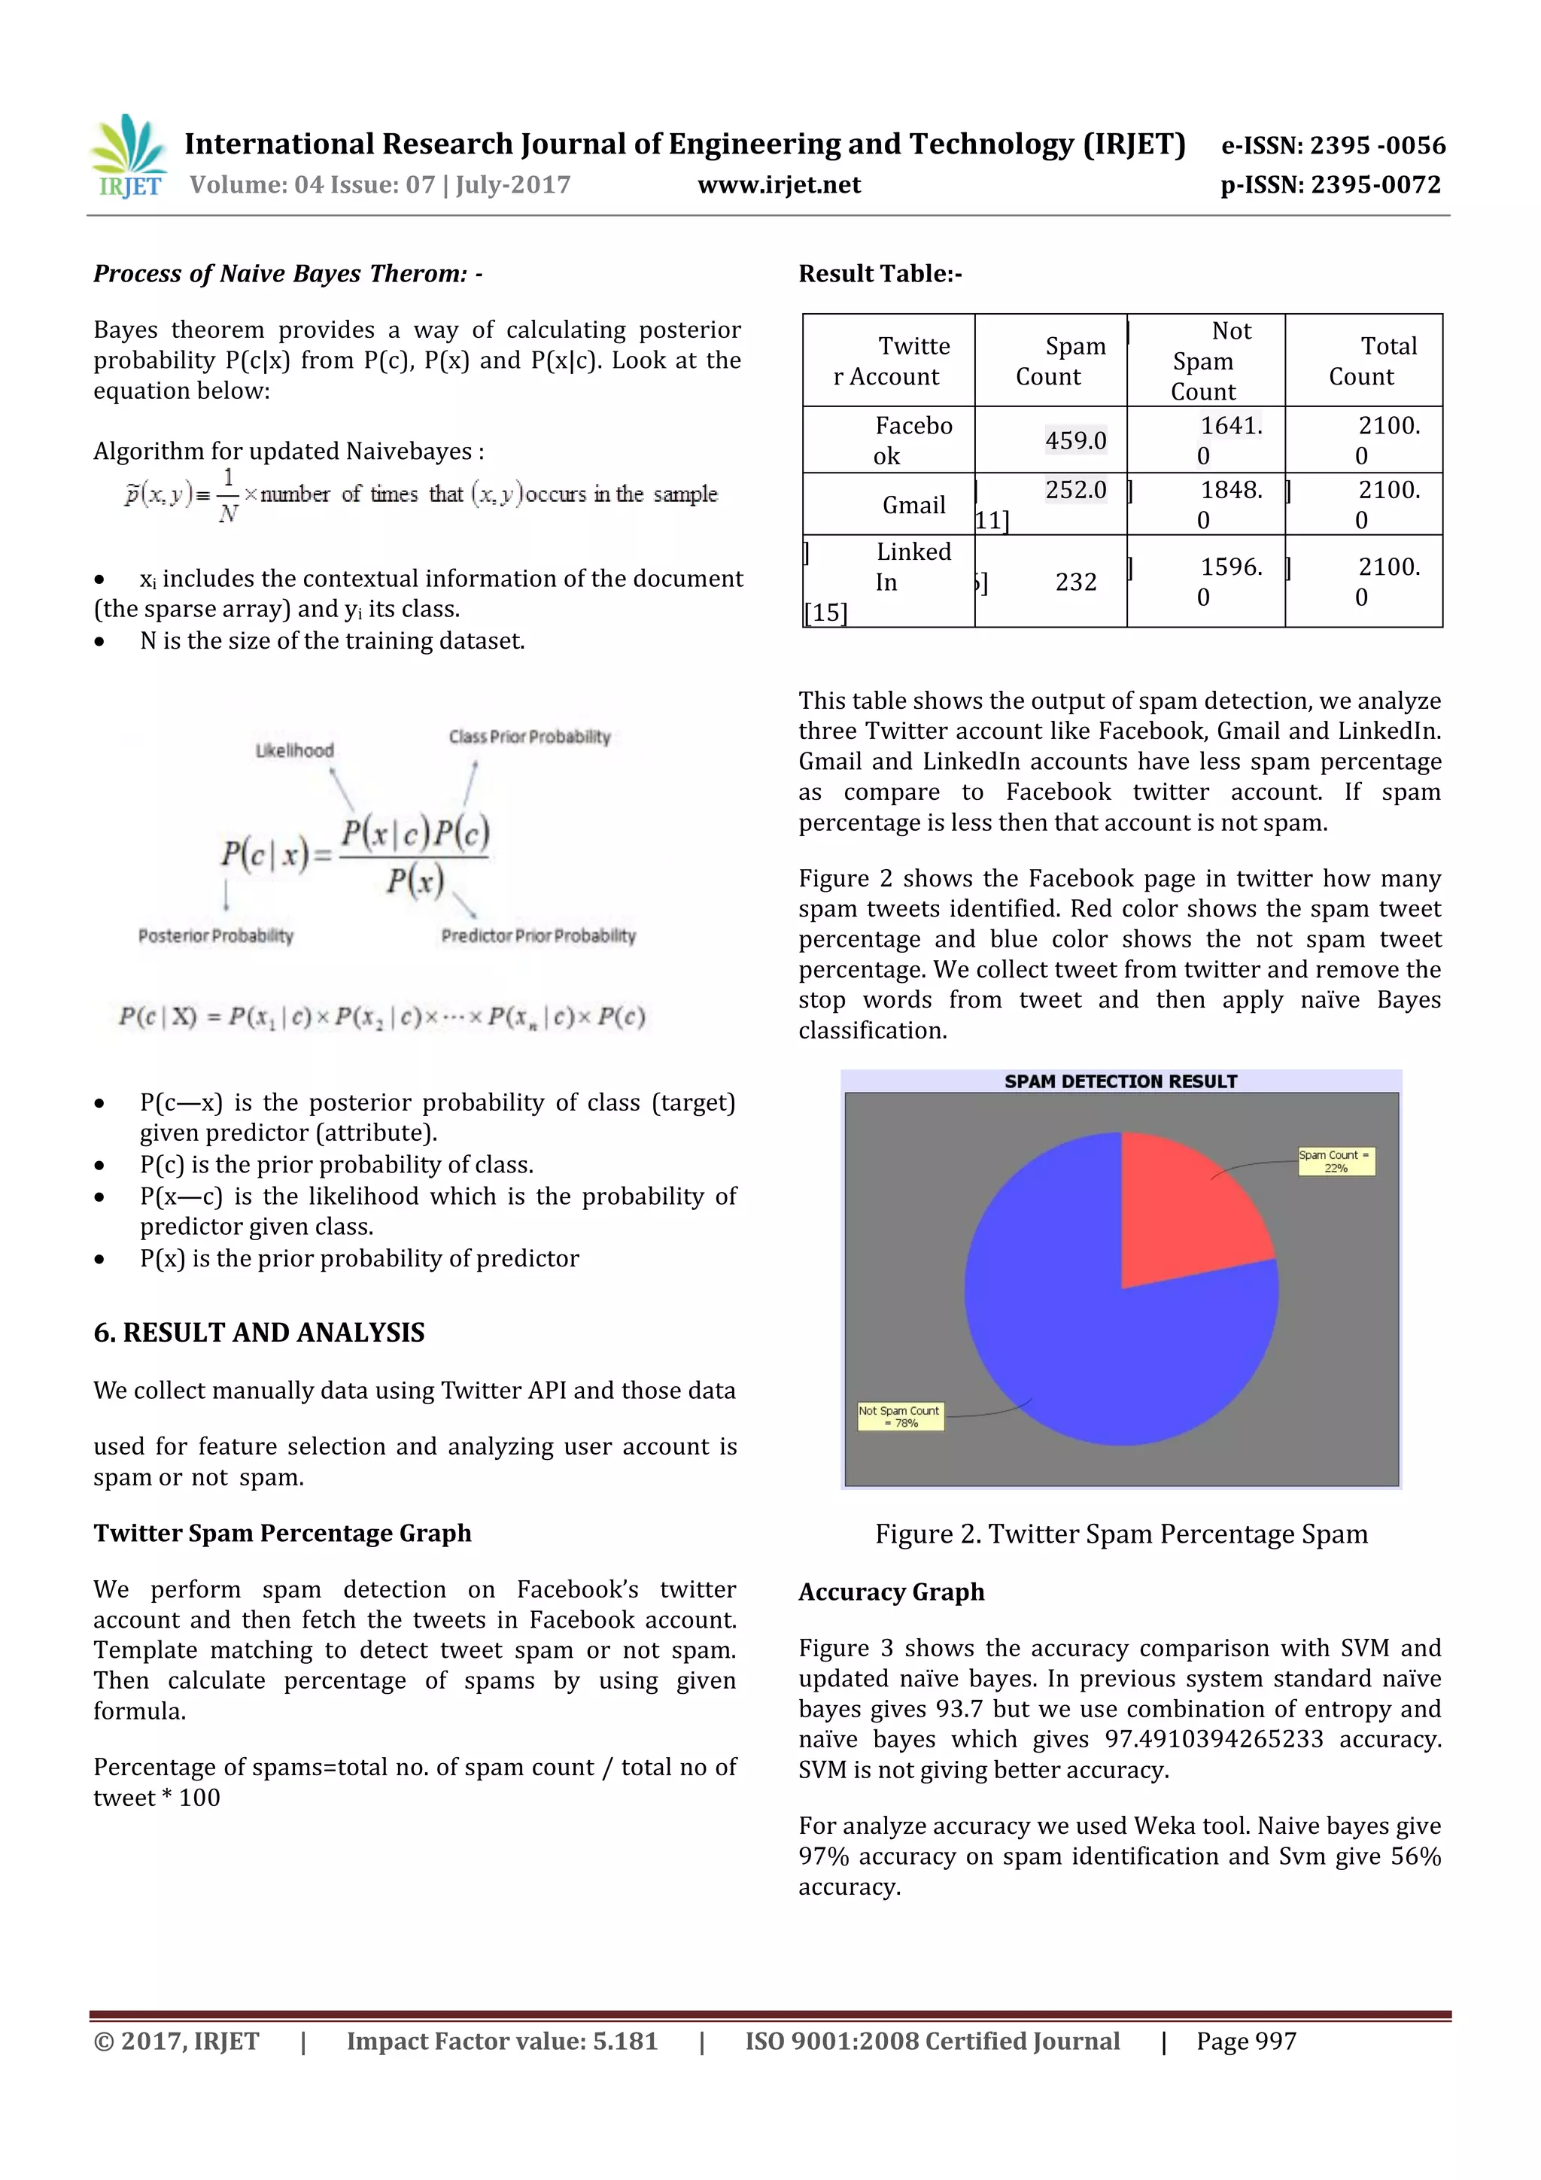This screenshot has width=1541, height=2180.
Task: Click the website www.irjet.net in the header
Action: coord(779,184)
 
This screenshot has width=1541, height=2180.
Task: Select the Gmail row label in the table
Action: coord(913,505)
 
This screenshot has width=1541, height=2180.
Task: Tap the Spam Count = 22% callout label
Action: coord(1335,1161)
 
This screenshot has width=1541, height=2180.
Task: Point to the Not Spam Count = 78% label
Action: coord(899,1417)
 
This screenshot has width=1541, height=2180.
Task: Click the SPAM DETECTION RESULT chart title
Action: coord(1120,1081)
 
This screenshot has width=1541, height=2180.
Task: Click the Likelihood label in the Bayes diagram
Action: coord(294,750)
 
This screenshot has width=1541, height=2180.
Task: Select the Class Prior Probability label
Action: coord(529,737)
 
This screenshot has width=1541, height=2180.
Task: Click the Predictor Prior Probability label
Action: coord(538,935)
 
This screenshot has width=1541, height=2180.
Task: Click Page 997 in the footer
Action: coord(1246,2041)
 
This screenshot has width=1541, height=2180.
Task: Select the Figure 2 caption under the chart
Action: coord(1120,1534)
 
